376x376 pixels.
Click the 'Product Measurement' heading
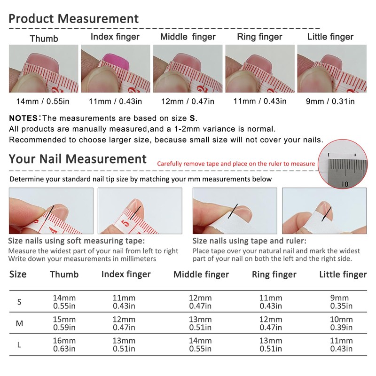point(74,19)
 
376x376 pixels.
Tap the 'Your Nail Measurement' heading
point(78,159)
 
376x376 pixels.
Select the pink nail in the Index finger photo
point(114,61)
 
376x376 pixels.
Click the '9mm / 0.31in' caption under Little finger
point(332,102)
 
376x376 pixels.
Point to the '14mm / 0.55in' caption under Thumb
point(44,102)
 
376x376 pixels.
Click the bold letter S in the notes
point(192,118)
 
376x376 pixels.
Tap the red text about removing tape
point(235,164)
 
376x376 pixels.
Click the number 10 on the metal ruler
point(345,184)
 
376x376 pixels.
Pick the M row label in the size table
point(19,323)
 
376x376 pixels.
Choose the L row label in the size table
point(19,345)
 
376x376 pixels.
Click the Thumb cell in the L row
point(64,345)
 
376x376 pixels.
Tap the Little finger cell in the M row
point(342,323)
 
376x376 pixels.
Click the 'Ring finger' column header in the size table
point(274,274)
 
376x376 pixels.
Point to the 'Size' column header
point(18,274)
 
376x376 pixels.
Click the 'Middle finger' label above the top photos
point(188,37)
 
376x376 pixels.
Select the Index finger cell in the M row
point(124,323)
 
